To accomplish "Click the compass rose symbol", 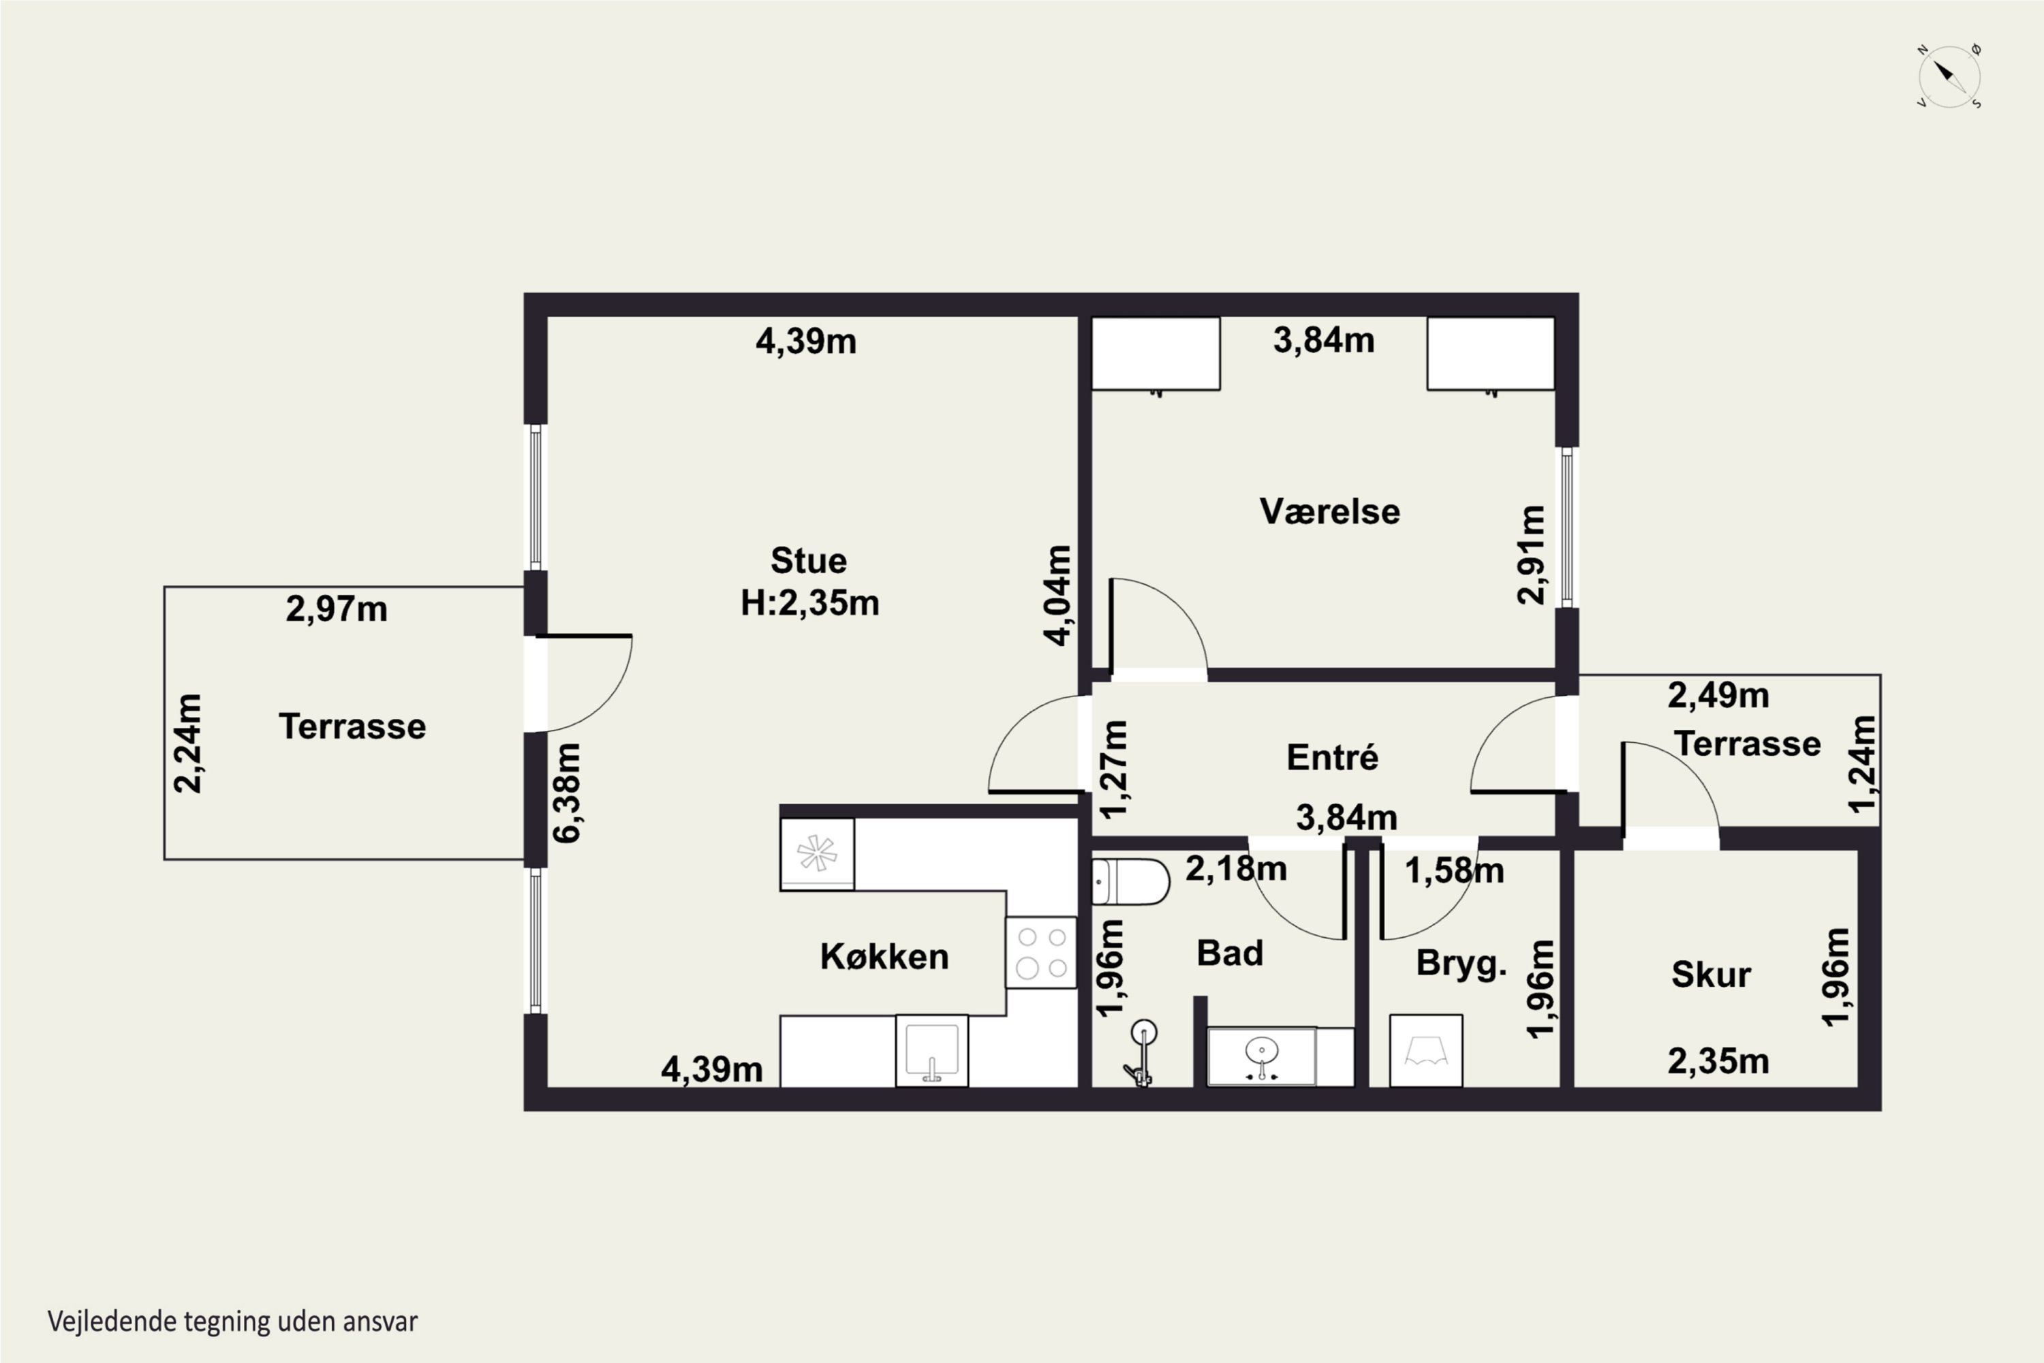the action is pos(1949,76).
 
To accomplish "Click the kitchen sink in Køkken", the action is pos(931,1050).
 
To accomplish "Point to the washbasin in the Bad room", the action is pos(1262,1056).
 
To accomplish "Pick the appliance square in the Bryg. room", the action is pos(1426,1050).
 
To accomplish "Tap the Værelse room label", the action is pos(1330,511).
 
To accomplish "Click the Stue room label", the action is pos(808,561).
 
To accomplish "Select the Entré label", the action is pos(1332,757).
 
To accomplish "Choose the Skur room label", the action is pos(1710,975).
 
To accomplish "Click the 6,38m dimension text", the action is pos(567,793).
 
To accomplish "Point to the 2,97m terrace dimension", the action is pos(337,609).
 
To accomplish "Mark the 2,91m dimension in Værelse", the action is pos(1530,555).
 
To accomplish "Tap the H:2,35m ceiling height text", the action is pos(810,602).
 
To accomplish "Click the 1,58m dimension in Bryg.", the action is pos(1454,871).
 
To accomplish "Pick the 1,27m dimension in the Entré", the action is pos(1114,769).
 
